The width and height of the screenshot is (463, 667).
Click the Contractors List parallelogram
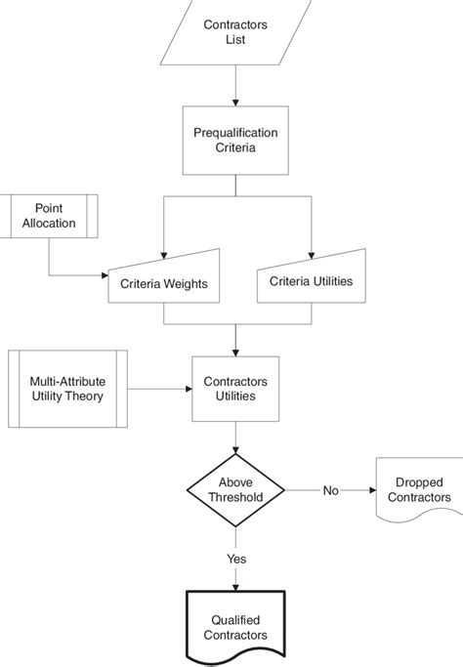235,32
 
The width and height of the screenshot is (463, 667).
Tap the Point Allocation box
56,216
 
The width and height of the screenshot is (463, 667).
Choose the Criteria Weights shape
163,279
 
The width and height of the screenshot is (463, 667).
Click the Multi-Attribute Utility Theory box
68,388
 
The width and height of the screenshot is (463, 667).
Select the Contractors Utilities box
235,388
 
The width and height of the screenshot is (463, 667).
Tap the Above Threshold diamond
235,488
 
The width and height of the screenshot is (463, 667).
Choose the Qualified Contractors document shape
235,627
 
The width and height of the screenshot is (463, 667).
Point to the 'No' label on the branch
331,489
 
